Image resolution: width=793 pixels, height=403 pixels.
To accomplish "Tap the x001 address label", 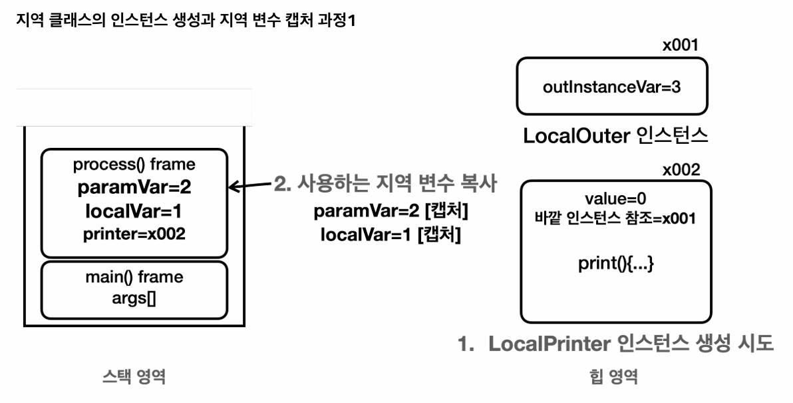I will (680, 46).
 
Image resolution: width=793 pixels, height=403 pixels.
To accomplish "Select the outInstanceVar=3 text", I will (611, 87).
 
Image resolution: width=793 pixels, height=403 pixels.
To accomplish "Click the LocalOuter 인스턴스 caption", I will (615, 136).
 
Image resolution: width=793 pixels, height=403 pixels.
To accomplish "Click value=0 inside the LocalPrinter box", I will (615, 199).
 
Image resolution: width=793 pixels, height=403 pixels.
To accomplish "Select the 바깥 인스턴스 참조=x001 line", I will (615, 218).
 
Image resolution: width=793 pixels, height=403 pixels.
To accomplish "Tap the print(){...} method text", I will (615, 262).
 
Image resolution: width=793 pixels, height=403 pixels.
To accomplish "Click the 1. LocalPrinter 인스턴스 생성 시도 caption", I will (615, 344).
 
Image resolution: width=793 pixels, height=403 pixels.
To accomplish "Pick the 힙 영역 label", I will (614, 378).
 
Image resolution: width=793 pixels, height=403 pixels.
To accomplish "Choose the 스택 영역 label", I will (134, 378).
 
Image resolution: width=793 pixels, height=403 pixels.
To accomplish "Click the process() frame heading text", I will (134, 165).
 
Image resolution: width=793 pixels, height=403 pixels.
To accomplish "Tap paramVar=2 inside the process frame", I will (134, 188).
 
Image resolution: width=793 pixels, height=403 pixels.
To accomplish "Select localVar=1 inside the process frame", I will (134, 211).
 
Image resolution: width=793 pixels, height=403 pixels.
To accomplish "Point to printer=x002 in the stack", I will (134, 234).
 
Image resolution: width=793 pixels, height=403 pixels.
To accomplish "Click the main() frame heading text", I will (134, 276).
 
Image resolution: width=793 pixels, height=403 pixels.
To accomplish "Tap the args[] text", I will (134, 298).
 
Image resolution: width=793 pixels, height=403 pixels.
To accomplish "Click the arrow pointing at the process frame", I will (249, 186).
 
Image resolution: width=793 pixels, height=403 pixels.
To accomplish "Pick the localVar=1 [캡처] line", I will (391, 235).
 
